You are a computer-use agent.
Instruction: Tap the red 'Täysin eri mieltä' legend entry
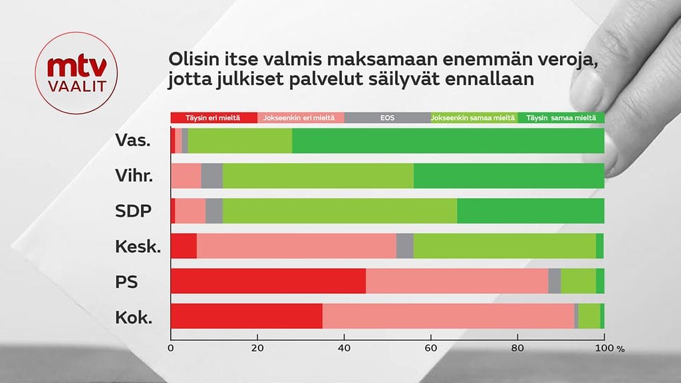point(213,118)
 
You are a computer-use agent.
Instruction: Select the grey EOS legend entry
point(387,118)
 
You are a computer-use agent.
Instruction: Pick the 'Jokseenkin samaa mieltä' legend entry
point(474,118)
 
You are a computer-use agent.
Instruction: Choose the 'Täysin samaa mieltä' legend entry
point(561,118)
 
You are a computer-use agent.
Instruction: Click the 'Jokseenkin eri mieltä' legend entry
point(301,118)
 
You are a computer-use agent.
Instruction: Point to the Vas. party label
point(132,141)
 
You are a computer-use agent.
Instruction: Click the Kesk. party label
point(138,246)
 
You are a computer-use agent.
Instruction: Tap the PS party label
point(126,281)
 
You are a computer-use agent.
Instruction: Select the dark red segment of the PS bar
point(268,281)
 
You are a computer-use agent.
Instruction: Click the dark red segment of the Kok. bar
point(246,316)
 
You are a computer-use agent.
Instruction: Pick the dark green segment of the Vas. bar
point(448,141)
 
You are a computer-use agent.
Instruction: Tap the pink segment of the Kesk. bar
point(296,246)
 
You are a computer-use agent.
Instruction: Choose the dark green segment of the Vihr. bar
point(509,176)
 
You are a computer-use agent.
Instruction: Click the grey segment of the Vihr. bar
point(211,176)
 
